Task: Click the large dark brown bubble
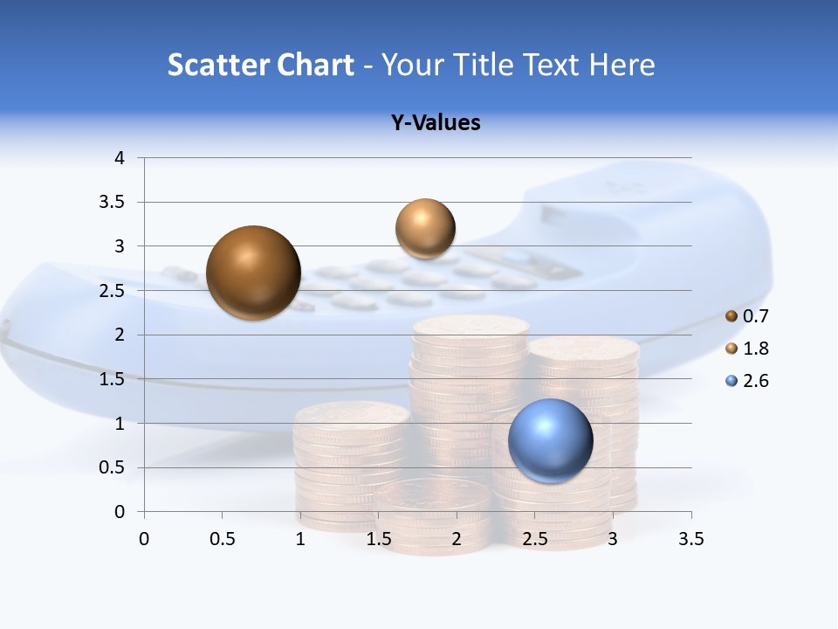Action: pyautogui.click(x=253, y=273)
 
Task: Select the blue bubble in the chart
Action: pyautogui.click(x=550, y=439)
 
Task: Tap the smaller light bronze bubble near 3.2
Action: pyautogui.click(x=425, y=228)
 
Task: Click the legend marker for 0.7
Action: pyautogui.click(x=732, y=316)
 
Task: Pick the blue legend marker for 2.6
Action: pyautogui.click(x=732, y=381)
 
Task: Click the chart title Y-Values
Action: pyautogui.click(x=435, y=122)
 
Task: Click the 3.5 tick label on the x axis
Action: pyautogui.click(x=690, y=539)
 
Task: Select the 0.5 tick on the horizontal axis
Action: pyautogui.click(x=222, y=539)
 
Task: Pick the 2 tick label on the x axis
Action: pyautogui.click(x=457, y=539)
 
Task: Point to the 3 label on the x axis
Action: pyautogui.click(x=613, y=539)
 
